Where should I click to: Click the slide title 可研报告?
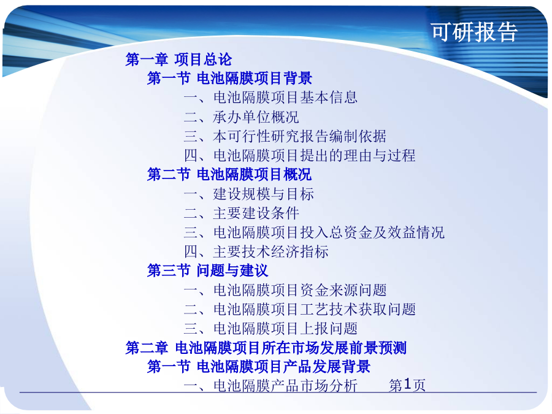click(474, 32)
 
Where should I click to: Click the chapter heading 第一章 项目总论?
click(179, 59)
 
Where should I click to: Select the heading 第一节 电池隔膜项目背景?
click(229, 78)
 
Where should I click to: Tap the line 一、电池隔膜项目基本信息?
click(270, 98)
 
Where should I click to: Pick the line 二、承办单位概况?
click(242, 117)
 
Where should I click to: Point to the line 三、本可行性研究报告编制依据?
click(285, 136)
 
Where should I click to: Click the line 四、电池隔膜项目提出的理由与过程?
click(299, 155)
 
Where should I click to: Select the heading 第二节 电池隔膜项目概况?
click(229, 174)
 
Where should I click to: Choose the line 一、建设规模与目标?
click(249, 194)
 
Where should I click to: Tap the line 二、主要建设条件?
click(242, 213)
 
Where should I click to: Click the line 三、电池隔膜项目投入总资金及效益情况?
click(314, 232)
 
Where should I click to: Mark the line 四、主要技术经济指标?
click(256, 251)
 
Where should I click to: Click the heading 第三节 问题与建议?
click(208, 270)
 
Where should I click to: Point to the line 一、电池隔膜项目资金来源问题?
click(285, 290)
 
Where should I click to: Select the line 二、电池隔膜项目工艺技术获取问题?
click(299, 310)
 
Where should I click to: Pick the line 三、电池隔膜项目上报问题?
click(270, 329)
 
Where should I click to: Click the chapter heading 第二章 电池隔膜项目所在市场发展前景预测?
click(266, 348)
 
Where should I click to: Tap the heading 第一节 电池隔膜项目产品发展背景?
click(259, 367)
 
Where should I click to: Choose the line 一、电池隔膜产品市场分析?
click(270, 386)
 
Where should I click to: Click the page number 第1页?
click(407, 385)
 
